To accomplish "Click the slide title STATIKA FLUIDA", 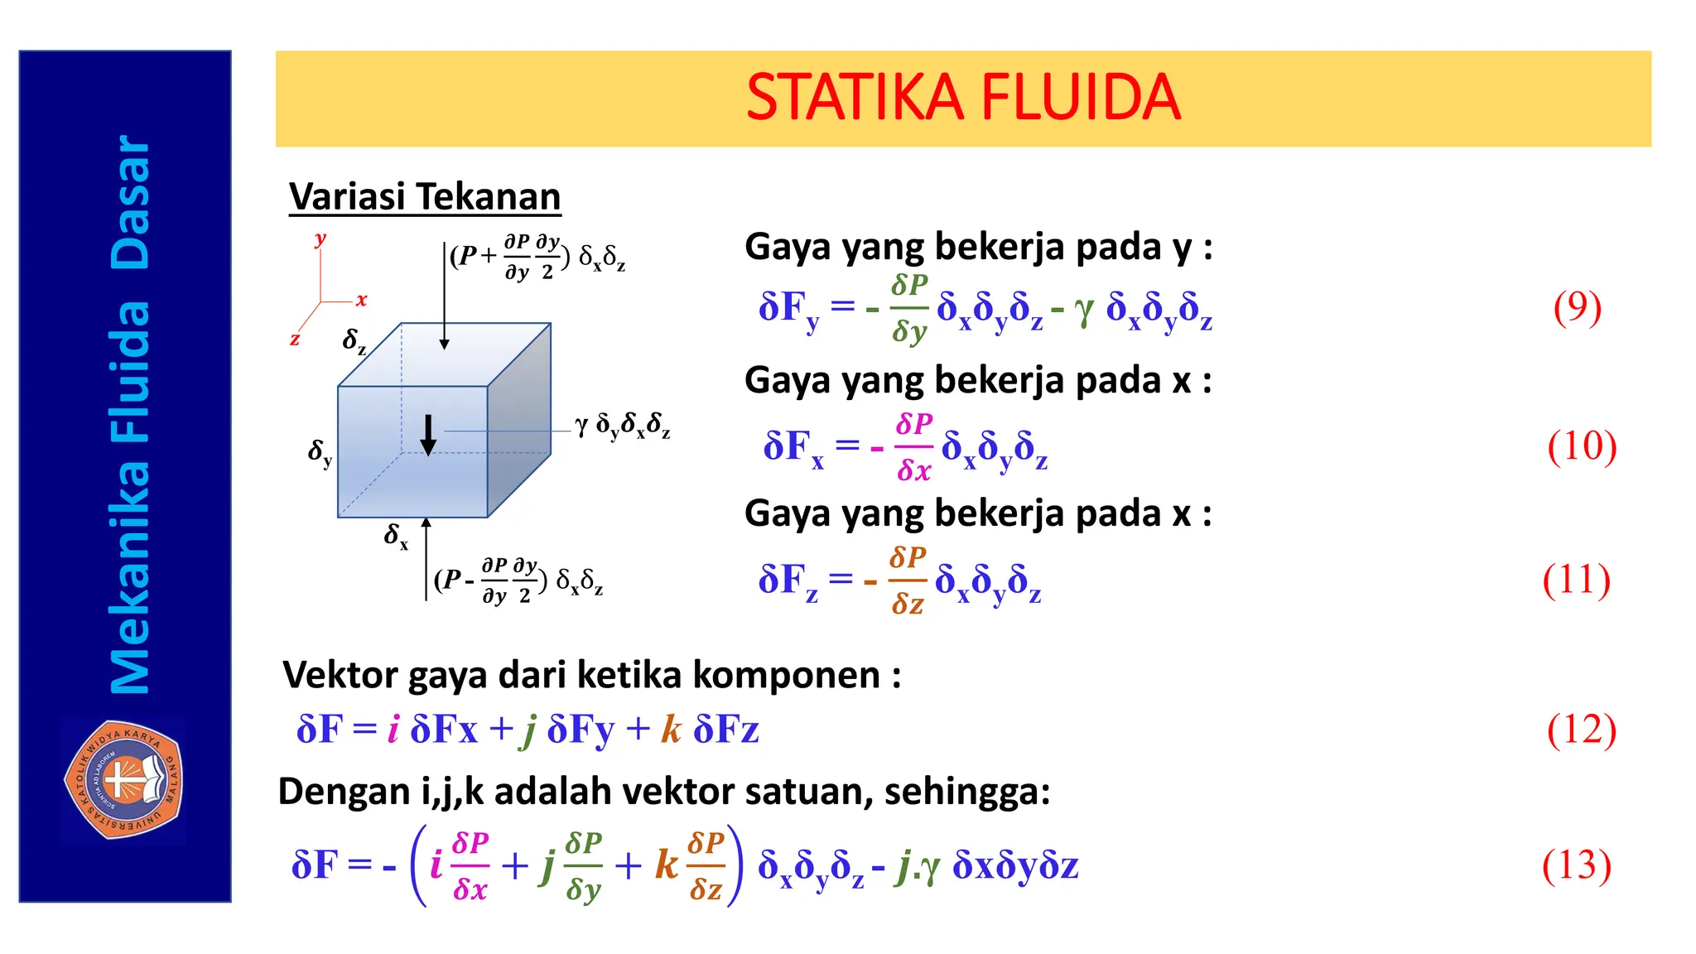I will click(962, 98).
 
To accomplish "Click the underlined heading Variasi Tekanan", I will click(425, 197).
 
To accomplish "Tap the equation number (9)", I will click(1577, 307).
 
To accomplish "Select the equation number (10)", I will click(1581, 446).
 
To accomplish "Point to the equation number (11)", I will click(1576, 580).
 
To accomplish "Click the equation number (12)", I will click(1581, 730).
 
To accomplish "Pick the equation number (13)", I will click(1576, 865).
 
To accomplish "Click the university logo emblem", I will click(124, 779).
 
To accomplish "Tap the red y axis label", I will click(320, 238).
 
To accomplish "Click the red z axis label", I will click(295, 339).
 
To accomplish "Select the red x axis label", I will click(361, 300).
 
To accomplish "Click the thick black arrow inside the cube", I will click(428, 436).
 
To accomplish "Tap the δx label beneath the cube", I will click(396, 536).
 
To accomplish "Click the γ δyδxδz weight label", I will click(623, 426).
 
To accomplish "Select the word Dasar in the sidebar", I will click(131, 203).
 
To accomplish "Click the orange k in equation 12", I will click(671, 729).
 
